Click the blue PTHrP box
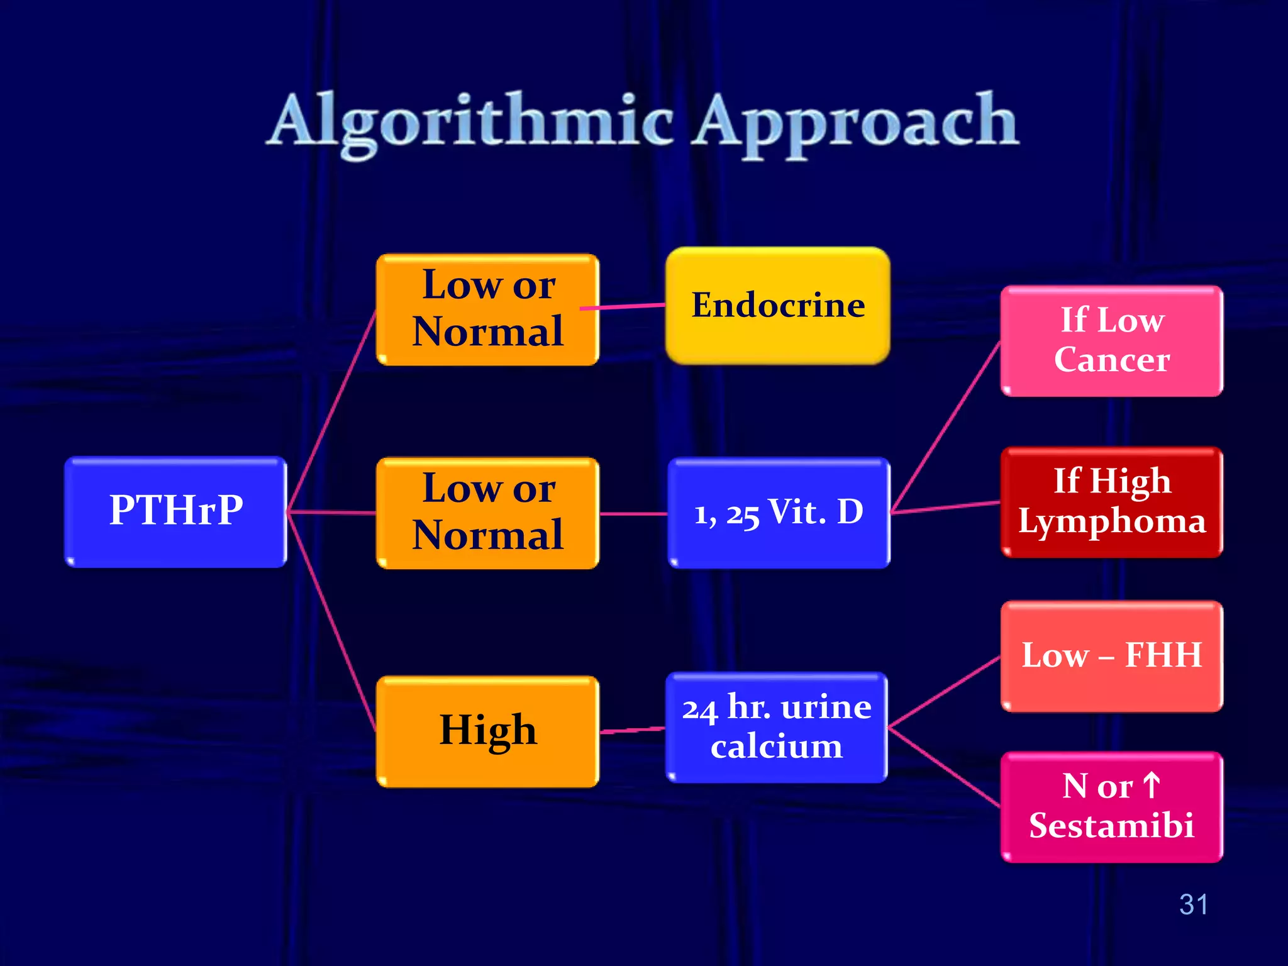pos(175,511)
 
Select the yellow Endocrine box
pos(778,306)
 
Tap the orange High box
pos(487,731)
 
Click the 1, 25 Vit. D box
pos(779,513)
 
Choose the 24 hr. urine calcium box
pos(777,727)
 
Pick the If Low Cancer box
pos(1111,341)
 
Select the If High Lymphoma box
pos(1111,502)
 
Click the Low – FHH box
pos(1111,656)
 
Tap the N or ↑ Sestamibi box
pos(1111,807)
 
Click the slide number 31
pos(1193,904)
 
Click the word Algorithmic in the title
pos(472,121)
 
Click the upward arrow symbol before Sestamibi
pos(1152,786)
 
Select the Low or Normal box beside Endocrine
pos(487,309)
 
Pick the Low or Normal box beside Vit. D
pos(487,513)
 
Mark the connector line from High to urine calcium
pos(632,730)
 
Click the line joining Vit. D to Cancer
pos(945,428)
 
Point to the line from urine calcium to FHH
pos(943,692)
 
